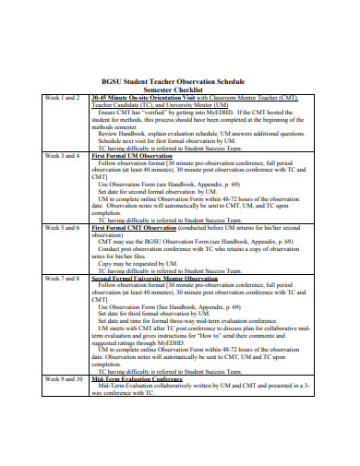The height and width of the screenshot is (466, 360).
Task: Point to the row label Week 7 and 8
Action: tap(64, 278)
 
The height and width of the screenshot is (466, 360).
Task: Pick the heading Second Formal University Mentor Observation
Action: tap(167, 278)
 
